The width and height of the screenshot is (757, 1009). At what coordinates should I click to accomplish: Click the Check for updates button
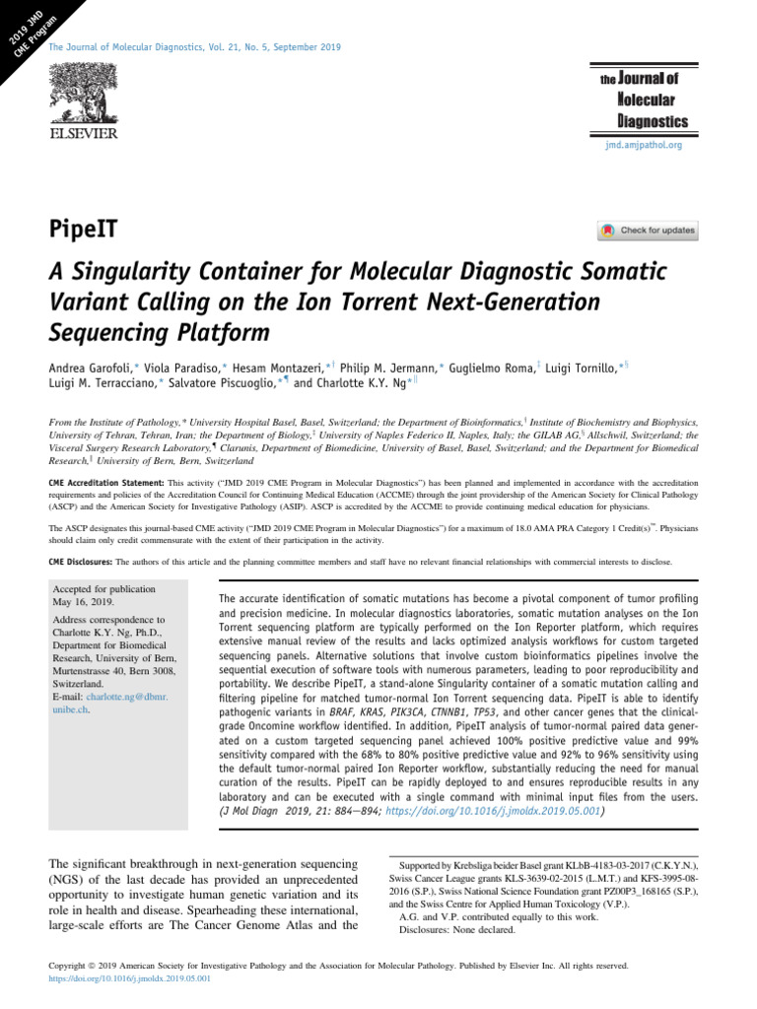click(x=648, y=232)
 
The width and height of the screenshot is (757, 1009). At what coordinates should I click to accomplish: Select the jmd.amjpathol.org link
click(x=644, y=145)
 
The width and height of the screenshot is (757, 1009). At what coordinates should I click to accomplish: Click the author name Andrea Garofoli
click(x=93, y=368)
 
